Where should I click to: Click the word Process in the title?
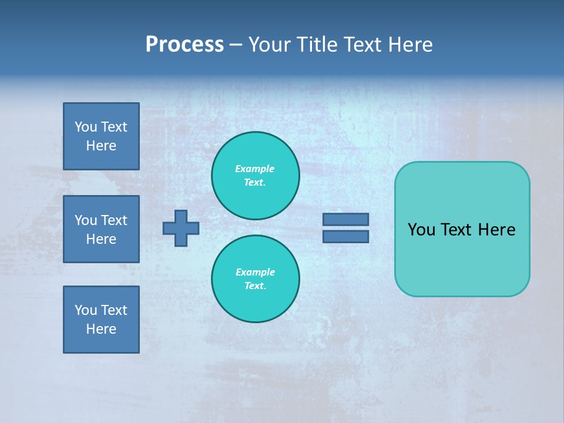(x=184, y=45)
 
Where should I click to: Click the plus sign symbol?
(x=181, y=228)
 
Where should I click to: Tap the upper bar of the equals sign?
(x=345, y=219)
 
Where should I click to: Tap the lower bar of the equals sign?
(x=345, y=236)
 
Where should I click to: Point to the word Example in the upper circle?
(x=255, y=169)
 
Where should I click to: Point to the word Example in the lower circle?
(x=255, y=272)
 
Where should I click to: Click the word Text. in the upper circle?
(x=255, y=182)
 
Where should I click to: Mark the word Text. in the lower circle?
(x=255, y=286)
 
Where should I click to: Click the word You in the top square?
(x=86, y=127)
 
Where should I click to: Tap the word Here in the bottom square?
(x=101, y=329)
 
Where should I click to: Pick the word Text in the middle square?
(x=114, y=220)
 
